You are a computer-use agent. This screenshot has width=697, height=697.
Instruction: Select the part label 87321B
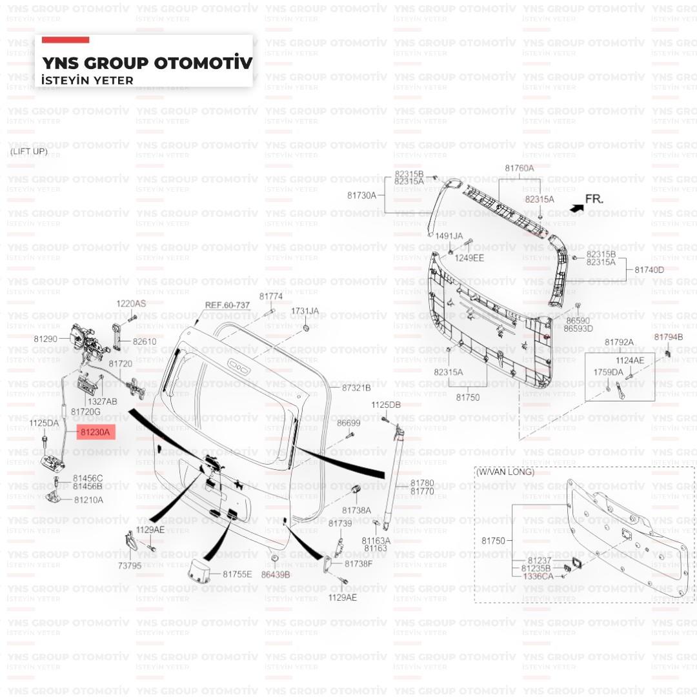[356, 388]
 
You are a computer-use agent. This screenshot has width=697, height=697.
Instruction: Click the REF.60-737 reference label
[227, 305]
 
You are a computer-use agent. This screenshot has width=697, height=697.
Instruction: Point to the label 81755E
[237, 574]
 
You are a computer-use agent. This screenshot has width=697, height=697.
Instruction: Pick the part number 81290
[46, 339]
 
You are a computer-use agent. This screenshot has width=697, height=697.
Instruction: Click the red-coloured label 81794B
[668, 337]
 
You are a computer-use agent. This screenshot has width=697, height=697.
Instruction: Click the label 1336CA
[538, 576]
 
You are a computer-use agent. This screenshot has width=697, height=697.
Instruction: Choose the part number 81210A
[88, 500]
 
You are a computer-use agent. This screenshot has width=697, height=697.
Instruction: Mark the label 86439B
[276, 574]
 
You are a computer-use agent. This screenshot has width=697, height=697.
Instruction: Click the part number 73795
[129, 566]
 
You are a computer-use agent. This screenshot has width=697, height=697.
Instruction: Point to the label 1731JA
[305, 311]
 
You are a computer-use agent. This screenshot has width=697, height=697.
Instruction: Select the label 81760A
[520, 168]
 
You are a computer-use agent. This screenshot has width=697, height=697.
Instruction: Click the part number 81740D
[649, 270]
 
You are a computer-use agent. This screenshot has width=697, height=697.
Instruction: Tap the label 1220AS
[131, 303]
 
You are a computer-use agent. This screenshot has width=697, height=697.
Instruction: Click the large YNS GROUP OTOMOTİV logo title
[147, 63]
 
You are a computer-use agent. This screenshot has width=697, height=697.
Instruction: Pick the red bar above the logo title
[65, 40]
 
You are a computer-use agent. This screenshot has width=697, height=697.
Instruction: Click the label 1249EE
[469, 258]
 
